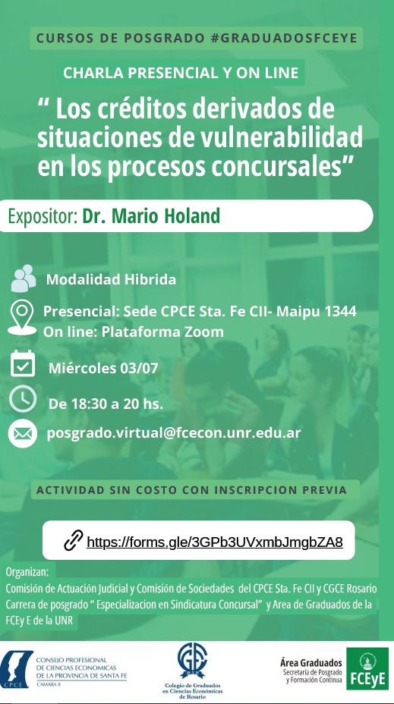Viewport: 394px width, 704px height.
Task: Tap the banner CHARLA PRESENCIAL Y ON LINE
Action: point(182,74)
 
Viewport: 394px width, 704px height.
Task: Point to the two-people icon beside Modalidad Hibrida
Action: point(24,278)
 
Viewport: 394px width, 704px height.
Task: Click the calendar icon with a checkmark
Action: point(23,364)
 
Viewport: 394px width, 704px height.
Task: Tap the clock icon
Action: point(23,399)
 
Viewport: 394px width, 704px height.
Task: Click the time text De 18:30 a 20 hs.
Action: point(106,403)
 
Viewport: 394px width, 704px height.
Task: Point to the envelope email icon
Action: point(23,434)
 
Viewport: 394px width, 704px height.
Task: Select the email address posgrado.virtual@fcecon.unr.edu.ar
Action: point(174,433)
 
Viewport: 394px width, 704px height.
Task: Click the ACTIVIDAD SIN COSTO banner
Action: point(192,490)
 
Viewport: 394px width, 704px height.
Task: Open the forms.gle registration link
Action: point(215,542)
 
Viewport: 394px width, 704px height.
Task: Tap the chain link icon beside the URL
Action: point(73,541)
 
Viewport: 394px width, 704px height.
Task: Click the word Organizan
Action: point(27,572)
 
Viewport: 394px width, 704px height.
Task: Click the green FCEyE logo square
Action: point(367,668)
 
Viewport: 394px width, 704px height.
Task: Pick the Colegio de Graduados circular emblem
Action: point(191,659)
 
